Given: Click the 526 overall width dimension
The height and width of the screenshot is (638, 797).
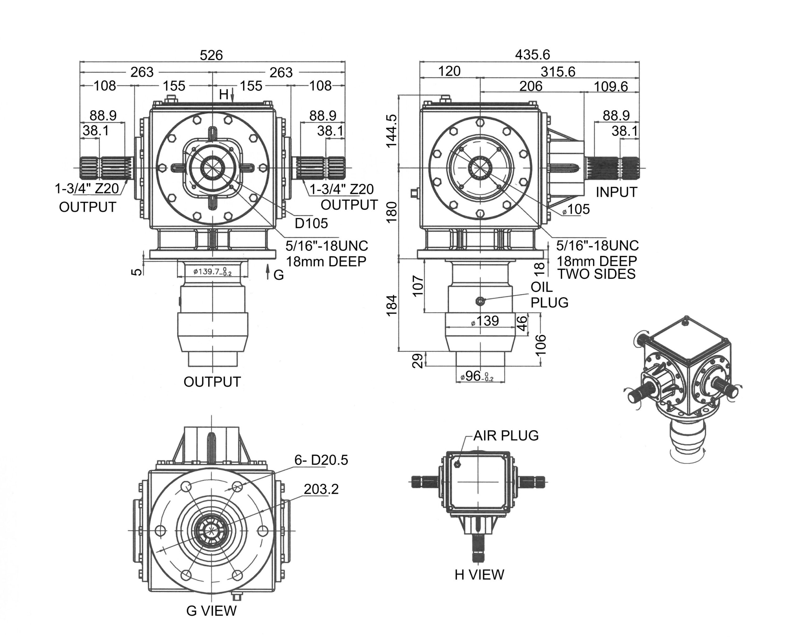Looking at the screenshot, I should coord(211,55).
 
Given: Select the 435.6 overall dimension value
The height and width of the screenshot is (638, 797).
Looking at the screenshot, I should coord(532,55).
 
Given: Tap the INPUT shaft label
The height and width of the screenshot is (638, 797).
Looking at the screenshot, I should coord(616,192).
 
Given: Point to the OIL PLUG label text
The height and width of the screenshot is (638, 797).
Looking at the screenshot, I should coord(549,295).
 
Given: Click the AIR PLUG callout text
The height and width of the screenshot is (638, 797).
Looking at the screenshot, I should coord(506,436).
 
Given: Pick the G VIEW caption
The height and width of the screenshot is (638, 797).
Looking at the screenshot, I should coord(211,611).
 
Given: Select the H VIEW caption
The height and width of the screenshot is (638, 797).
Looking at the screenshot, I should coord(479,574).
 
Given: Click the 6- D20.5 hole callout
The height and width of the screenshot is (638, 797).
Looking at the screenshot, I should coord(321,460).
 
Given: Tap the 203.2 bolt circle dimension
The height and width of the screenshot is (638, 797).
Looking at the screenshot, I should coord(321,489).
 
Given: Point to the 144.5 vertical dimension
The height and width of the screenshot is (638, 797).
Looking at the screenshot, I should coord(391,131).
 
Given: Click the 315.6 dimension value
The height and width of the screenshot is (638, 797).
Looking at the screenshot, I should coord(558,72).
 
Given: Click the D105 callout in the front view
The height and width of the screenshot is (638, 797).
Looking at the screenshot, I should coord(311,223).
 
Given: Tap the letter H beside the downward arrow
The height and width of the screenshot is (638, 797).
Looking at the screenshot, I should coord(223,95).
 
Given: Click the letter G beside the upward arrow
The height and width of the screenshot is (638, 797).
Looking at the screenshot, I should coord(279,275).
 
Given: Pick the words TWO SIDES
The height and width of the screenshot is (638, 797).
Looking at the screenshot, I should coord(596,274).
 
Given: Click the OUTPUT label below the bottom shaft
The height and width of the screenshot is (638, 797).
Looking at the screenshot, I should coord(212,382).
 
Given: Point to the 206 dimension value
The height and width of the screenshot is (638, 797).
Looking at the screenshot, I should coord(531,86).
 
